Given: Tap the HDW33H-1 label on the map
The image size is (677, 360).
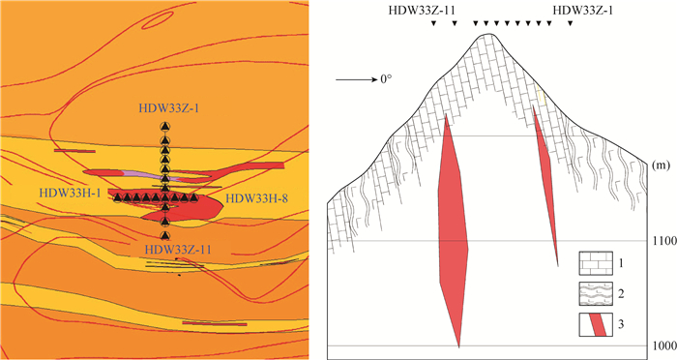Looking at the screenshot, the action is coord(70,194).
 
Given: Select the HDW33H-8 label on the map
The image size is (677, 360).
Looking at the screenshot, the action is coord(257,198).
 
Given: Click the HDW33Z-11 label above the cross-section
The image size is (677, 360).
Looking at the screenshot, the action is coord(423,11).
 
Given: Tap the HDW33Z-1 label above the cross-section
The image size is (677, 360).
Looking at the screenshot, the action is coord(582,11).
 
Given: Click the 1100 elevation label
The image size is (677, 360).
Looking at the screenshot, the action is coord(665,241).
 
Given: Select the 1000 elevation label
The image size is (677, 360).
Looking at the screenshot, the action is coord(665,345).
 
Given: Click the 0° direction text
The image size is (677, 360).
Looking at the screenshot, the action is coord(387,80).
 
